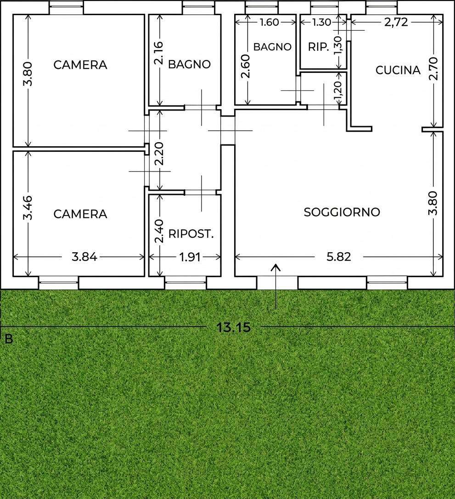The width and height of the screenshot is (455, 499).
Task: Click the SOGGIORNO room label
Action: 342,212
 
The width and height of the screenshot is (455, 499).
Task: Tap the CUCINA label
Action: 398,70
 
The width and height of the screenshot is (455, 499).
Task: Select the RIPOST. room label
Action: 191,234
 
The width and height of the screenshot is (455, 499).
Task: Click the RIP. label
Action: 318,47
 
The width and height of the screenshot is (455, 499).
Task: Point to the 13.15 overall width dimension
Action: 233,327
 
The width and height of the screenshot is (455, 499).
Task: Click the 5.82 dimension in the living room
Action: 339,256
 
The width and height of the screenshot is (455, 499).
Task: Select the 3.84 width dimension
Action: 84,256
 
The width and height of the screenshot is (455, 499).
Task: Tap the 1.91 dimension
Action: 190,257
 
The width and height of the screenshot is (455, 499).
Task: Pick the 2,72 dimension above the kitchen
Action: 396,22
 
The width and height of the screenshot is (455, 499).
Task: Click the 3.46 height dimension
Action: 28,208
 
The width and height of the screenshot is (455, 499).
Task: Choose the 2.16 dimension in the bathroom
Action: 158,53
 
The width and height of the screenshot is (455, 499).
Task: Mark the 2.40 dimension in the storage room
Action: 158,231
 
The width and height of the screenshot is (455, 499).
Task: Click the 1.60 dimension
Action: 269,22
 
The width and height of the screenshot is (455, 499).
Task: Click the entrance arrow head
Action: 275,267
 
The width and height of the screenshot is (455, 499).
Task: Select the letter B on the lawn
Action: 9,339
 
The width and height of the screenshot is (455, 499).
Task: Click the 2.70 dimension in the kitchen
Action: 434,69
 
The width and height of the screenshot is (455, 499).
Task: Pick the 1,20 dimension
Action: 338,89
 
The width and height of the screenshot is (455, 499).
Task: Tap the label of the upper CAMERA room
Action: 80,65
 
